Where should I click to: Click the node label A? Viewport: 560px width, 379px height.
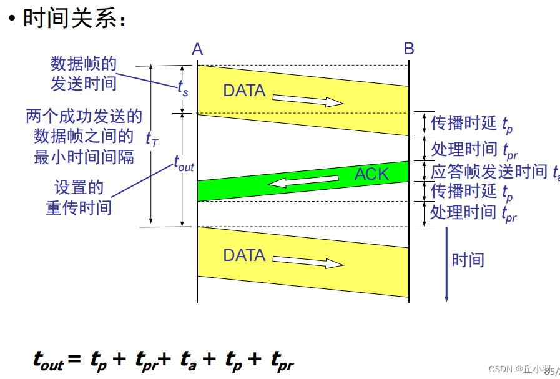click(x=197, y=49)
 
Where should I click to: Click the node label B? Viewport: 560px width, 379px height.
click(x=409, y=49)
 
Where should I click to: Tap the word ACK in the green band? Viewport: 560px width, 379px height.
click(x=371, y=174)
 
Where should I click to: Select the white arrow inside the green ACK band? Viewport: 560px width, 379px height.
click(x=293, y=181)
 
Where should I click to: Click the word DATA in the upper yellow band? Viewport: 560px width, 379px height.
click(x=244, y=91)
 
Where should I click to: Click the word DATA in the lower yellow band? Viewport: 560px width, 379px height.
click(x=244, y=255)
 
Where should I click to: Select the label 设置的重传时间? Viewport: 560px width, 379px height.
click(x=79, y=197)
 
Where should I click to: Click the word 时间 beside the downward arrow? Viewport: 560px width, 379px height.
click(x=468, y=260)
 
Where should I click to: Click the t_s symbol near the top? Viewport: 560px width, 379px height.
click(x=182, y=89)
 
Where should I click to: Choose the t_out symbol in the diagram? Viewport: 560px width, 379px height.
click(x=184, y=165)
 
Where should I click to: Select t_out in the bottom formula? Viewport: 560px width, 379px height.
click(x=49, y=360)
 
